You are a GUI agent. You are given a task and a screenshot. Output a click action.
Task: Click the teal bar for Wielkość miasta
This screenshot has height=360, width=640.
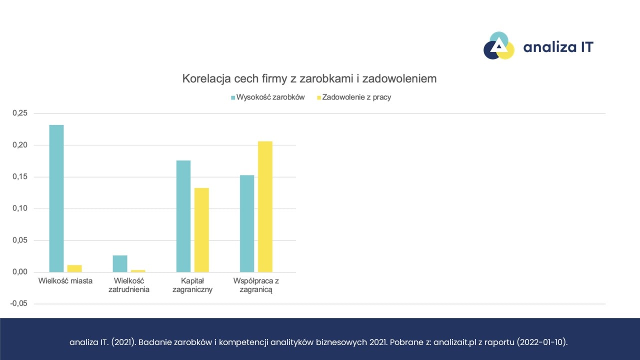[x=56, y=198]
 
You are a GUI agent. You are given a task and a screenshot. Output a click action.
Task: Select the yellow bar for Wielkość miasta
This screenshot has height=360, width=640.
[x=74, y=268]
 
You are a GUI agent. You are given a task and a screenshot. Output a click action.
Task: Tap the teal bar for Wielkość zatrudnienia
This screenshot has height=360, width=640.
[x=120, y=263]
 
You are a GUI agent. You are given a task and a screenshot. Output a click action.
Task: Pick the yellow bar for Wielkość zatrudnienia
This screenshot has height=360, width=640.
[x=138, y=271]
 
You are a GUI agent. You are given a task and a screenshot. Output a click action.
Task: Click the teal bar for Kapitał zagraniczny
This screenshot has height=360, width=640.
[x=183, y=216]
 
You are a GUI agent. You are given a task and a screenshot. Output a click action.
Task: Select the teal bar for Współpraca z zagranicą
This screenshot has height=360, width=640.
[x=247, y=223]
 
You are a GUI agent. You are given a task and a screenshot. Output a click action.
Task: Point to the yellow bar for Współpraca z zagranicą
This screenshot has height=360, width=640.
[x=265, y=206]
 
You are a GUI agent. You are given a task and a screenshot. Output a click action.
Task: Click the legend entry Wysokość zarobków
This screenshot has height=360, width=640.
[x=267, y=97]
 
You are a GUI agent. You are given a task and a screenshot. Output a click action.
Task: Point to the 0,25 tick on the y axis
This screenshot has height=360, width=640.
[x=20, y=113]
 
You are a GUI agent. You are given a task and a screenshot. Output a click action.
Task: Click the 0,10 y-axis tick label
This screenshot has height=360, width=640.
[x=20, y=208]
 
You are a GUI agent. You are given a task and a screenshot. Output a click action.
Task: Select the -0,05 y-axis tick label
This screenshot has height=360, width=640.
[x=19, y=303]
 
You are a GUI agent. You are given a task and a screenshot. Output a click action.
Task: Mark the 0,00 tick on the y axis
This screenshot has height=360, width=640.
[x=20, y=272]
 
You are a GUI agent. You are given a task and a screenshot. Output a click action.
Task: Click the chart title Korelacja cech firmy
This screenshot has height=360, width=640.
[x=309, y=78]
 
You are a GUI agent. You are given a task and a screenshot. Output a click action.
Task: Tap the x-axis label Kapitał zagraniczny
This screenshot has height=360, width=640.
[x=192, y=285]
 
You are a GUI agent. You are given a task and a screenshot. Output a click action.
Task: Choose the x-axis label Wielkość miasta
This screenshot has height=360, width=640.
[x=65, y=281]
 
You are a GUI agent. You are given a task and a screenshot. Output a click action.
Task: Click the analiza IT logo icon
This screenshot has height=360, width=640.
[x=498, y=46]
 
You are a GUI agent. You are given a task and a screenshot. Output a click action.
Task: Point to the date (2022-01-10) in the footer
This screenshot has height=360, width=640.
[x=541, y=342]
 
